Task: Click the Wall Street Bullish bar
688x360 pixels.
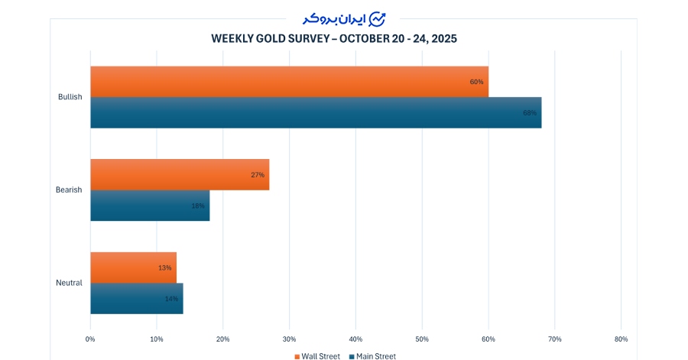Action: (x=289, y=82)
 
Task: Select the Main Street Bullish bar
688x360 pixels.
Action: (x=315, y=112)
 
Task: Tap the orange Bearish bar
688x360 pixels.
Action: (x=179, y=174)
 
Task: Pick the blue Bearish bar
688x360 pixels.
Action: (x=149, y=206)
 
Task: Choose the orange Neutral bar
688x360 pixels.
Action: (x=133, y=268)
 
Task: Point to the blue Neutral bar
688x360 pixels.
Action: (x=136, y=298)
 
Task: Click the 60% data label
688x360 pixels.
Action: (x=477, y=82)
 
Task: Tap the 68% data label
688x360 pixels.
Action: (x=530, y=113)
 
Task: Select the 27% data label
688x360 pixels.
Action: (x=258, y=175)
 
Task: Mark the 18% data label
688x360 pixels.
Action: (x=198, y=206)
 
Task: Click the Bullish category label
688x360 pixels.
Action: (x=70, y=97)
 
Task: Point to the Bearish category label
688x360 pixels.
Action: (x=69, y=190)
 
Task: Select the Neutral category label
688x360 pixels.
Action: (x=69, y=283)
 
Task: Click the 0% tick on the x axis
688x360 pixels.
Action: (x=90, y=339)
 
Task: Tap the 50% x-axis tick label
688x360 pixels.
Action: (x=422, y=339)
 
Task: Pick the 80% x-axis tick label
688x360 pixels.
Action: (x=621, y=339)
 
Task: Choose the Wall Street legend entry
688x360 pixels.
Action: (x=317, y=355)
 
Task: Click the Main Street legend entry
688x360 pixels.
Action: (x=373, y=355)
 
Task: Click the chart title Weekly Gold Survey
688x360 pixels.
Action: (x=334, y=37)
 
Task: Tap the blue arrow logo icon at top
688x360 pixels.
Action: (x=377, y=18)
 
